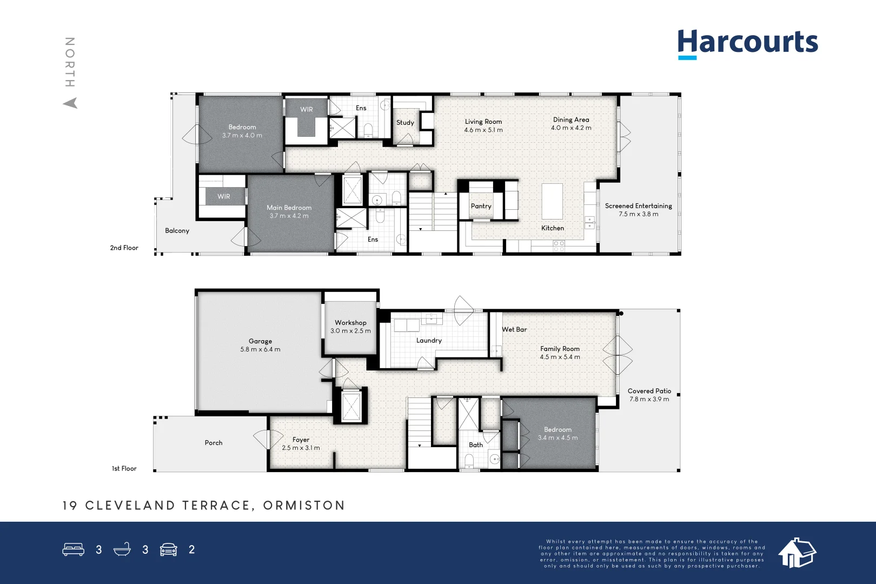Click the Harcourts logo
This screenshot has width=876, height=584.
pyautogui.click(x=747, y=43)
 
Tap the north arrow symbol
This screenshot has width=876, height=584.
pyautogui.click(x=70, y=103)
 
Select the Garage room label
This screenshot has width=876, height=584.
pyautogui.click(x=260, y=341)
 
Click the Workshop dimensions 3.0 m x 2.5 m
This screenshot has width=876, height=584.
pyautogui.click(x=350, y=331)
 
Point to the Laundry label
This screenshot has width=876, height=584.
pyautogui.click(x=429, y=341)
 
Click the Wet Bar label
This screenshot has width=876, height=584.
pyautogui.click(x=514, y=329)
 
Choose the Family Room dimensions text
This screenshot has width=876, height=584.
pyautogui.click(x=560, y=357)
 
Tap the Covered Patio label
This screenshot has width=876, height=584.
pyautogui.click(x=649, y=391)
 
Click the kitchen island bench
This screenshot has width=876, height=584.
pyautogui.click(x=552, y=201)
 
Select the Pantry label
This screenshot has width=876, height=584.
pyautogui.click(x=481, y=206)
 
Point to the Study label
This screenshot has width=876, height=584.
pyautogui.click(x=405, y=123)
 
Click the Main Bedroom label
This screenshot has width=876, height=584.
pyautogui.click(x=289, y=208)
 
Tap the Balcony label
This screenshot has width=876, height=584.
pyautogui.click(x=177, y=231)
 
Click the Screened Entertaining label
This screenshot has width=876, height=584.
pyautogui.click(x=638, y=206)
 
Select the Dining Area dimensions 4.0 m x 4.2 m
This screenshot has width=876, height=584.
pyautogui.click(x=571, y=128)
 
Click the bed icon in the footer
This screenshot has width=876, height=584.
pyautogui.click(x=73, y=549)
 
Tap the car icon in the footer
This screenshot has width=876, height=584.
pyautogui.click(x=169, y=549)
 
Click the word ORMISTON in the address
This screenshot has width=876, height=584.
pyautogui.click(x=304, y=506)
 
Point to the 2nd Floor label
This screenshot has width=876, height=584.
pyautogui.click(x=124, y=248)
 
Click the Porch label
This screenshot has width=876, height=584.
pyautogui.click(x=214, y=443)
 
